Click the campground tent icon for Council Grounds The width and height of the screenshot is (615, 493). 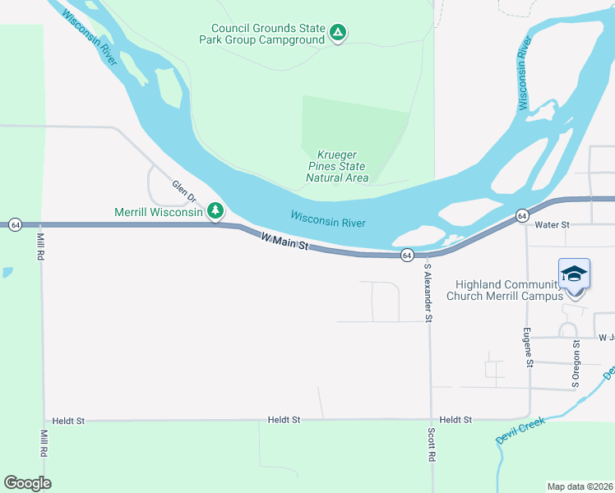point(338,33)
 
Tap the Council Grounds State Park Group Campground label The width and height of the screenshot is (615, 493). point(267,33)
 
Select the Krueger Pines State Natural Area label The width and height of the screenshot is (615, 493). point(337,166)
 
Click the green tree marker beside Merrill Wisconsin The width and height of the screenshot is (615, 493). point(215,212)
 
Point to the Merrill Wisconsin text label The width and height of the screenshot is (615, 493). point(158,213)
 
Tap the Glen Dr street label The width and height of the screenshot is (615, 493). point(185,192)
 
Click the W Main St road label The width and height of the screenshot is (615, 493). point(284,242)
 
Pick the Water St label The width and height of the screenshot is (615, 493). point(552,224)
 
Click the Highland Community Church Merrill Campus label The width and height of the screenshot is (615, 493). point(504,290)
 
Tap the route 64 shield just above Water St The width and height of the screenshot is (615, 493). point(522,215)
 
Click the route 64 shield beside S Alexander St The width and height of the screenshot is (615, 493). point(407,256)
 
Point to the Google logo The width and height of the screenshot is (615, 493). point(28,483)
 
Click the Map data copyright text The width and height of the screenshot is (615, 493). point(580,486)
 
